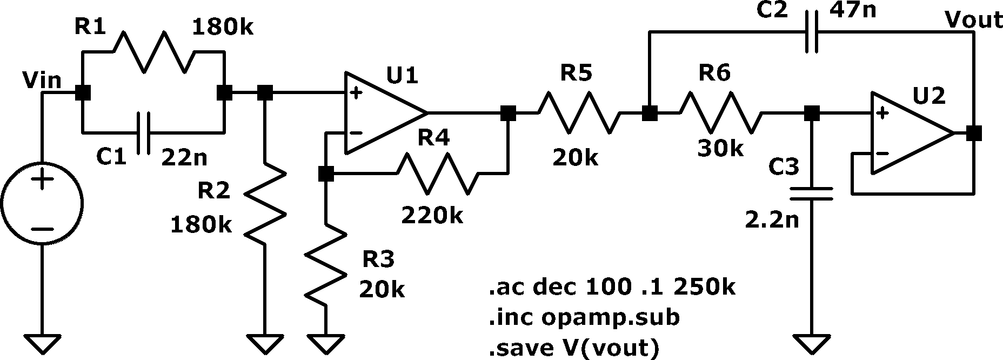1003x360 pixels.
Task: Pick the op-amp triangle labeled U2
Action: coord(912,134)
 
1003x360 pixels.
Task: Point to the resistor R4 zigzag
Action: coord(438,174)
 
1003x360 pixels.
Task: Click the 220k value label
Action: coord(432,216)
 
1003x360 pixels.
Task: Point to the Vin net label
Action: coord(42,81)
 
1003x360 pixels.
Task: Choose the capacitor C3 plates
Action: coord(812,194)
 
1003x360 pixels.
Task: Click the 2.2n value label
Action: coord(772,220)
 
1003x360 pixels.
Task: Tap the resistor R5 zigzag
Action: coord(579,113)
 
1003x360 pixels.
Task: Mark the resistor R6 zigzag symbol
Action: coord(721,113)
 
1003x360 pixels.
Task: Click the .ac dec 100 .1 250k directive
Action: coord(612,287)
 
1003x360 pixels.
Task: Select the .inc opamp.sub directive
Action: coord(584,317)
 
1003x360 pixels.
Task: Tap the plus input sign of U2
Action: coord(882,114)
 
